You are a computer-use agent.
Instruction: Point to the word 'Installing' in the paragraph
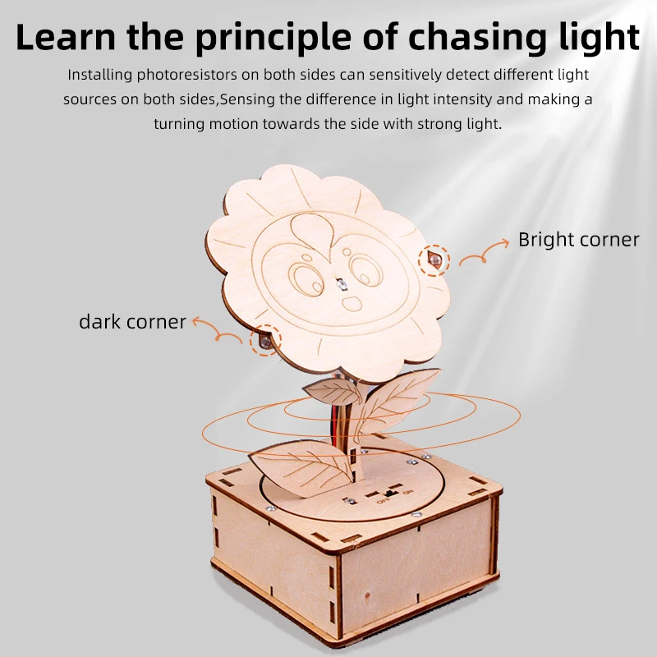pyautogui.click(x=100, y=75)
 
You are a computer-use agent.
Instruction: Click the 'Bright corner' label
pyautogui.click(x=579, y=240)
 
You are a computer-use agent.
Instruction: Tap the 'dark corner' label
pyautogui.click(x=132, y=322)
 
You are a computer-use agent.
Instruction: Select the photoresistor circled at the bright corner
pyautogui.click(x=434, y=260)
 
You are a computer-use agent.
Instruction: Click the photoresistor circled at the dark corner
pyautogui.click(x=264, y=341)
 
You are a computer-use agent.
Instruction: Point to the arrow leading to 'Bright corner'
pyautogui.click(x=484, y=253)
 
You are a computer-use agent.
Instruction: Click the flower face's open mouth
pyautogui.click(x=352, y=303)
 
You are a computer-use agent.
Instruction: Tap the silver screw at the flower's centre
pyautogui.click(x=342, y=285)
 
